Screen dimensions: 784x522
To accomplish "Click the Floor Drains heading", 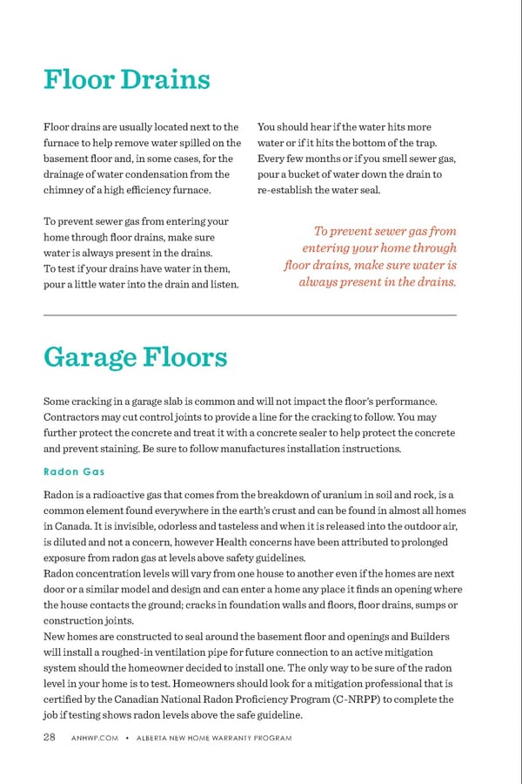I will (x=127, y=80).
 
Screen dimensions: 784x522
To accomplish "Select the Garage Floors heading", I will (x=135, y=357).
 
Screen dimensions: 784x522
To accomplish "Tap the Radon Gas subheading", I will (x=74, y=471).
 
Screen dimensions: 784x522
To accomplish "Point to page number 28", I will (x=51, y=739).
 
